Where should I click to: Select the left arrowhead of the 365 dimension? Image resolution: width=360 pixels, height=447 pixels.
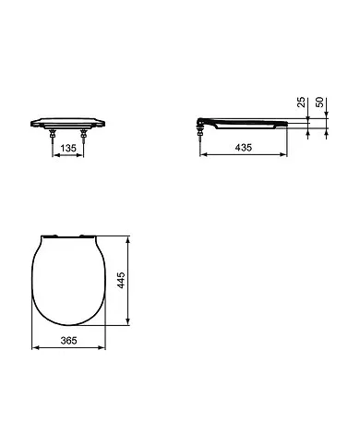35,348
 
